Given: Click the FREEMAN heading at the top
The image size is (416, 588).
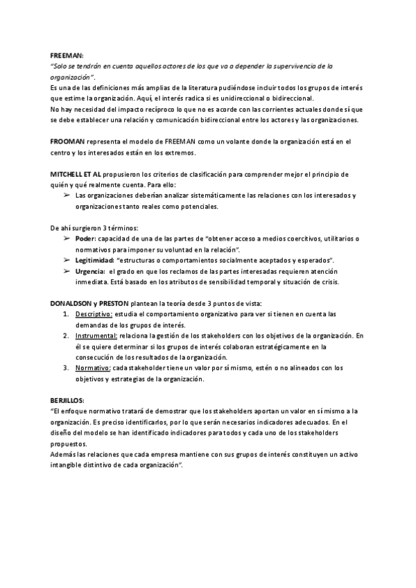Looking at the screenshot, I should click(67, 55).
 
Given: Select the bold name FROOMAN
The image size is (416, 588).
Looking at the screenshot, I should click(67, 141).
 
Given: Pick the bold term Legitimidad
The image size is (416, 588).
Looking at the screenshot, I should click(95, 259).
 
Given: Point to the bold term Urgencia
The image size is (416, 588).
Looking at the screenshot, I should click(90, 270).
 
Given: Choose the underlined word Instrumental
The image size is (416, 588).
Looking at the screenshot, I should click(96, 335).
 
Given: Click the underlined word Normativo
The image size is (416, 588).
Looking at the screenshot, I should click(92, 367).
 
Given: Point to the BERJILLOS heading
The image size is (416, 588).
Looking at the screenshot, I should click(67, 399).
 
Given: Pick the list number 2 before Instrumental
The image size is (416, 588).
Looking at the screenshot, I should click(64, 335).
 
